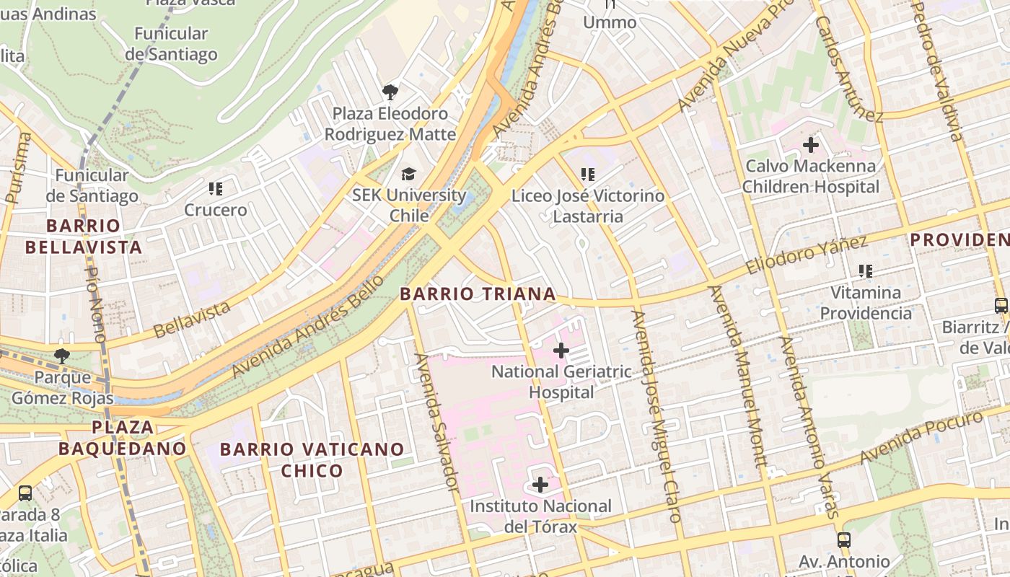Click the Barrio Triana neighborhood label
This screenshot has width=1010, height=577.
click(478, 294)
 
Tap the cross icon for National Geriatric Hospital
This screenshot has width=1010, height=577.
click(561, 351)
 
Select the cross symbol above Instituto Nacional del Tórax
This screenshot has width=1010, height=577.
click(540, 485)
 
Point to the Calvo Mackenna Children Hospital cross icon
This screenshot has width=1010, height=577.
click(811, 145)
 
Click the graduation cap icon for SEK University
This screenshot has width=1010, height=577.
click(409, 174)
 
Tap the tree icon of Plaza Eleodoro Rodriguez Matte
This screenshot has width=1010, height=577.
click(390, 92)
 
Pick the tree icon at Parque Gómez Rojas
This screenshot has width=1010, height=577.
click(62, 356)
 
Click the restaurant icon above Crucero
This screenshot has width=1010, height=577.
click(215, 189)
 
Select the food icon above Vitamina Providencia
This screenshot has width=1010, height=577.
click(866, 271)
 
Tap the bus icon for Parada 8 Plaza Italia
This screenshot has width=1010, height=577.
click(25, 493)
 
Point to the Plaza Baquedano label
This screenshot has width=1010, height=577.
click(123, 437)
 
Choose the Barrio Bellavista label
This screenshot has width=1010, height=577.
click(84, 237)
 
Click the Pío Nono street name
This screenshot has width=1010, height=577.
click(96, 304)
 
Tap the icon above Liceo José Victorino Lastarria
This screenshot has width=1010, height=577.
click(588, 174)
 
